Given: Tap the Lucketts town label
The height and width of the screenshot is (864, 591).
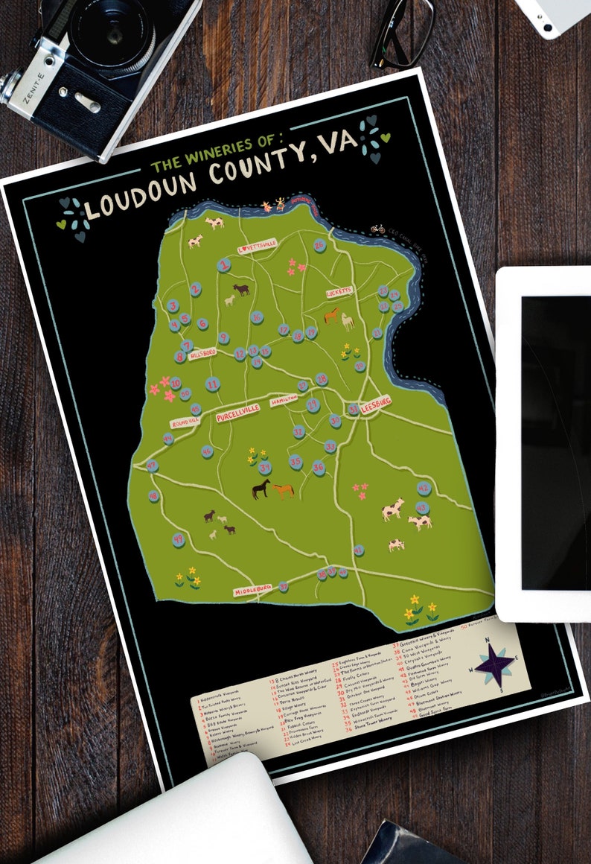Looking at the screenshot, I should point(342,293).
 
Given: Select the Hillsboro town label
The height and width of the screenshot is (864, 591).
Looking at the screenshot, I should point(202,352).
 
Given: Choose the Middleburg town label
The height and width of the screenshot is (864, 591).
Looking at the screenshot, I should point(254,591).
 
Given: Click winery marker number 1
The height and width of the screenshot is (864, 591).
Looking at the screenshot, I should point(224,265).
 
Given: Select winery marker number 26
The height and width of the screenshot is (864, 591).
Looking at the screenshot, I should point(320,245).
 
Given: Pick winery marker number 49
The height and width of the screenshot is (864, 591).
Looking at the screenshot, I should point(178,539).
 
